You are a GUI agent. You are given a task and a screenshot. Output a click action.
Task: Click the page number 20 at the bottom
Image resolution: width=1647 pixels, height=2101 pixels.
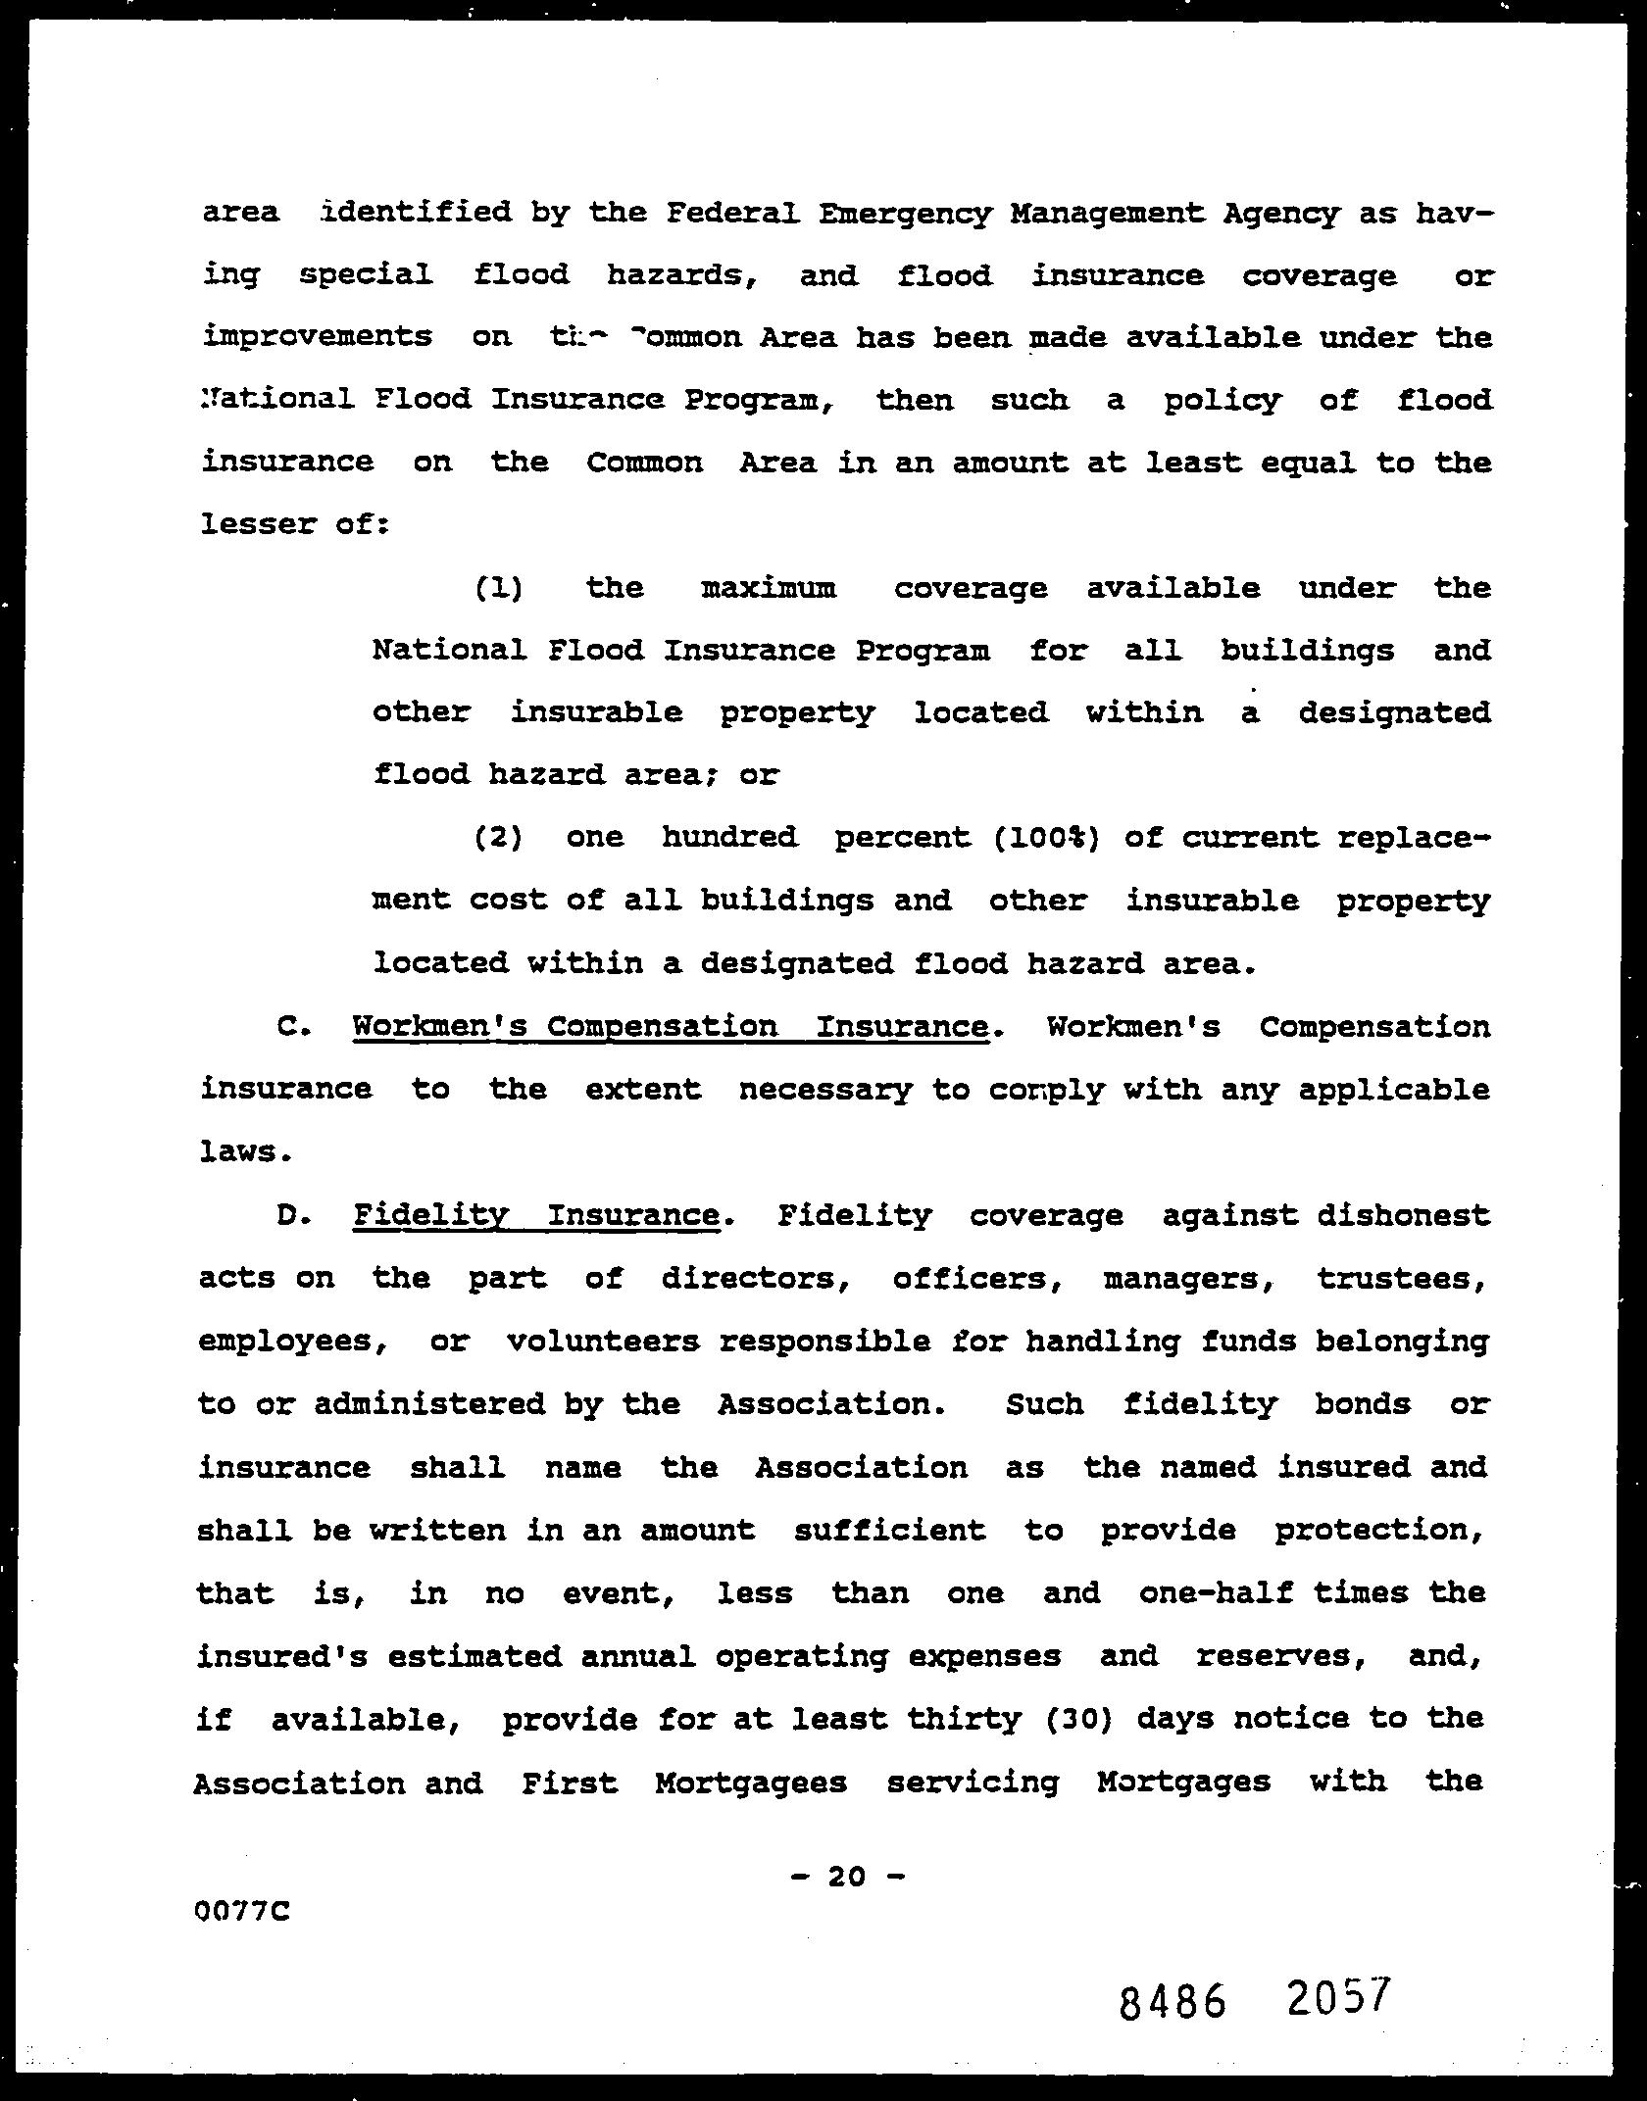(x=847, y=1876)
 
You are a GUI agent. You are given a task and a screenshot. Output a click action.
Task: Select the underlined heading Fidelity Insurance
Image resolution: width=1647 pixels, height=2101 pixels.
(x=535, y=1216)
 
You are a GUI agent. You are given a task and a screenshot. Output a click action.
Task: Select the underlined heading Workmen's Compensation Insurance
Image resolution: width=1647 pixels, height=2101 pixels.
(x=670, y=1027)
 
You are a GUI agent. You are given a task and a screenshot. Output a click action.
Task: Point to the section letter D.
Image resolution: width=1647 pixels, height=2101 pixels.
(x=293, y=1216)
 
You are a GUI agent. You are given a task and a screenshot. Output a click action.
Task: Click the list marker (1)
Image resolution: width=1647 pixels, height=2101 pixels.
(x=498, y=588)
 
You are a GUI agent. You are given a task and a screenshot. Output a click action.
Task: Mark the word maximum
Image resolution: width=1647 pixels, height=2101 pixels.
(x=769, y=588)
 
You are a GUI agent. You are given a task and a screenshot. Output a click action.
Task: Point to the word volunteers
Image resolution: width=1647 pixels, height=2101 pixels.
(x=603, y=1342)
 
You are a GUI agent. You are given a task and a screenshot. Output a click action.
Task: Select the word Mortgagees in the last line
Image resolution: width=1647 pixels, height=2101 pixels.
(x=751, y=1782)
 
